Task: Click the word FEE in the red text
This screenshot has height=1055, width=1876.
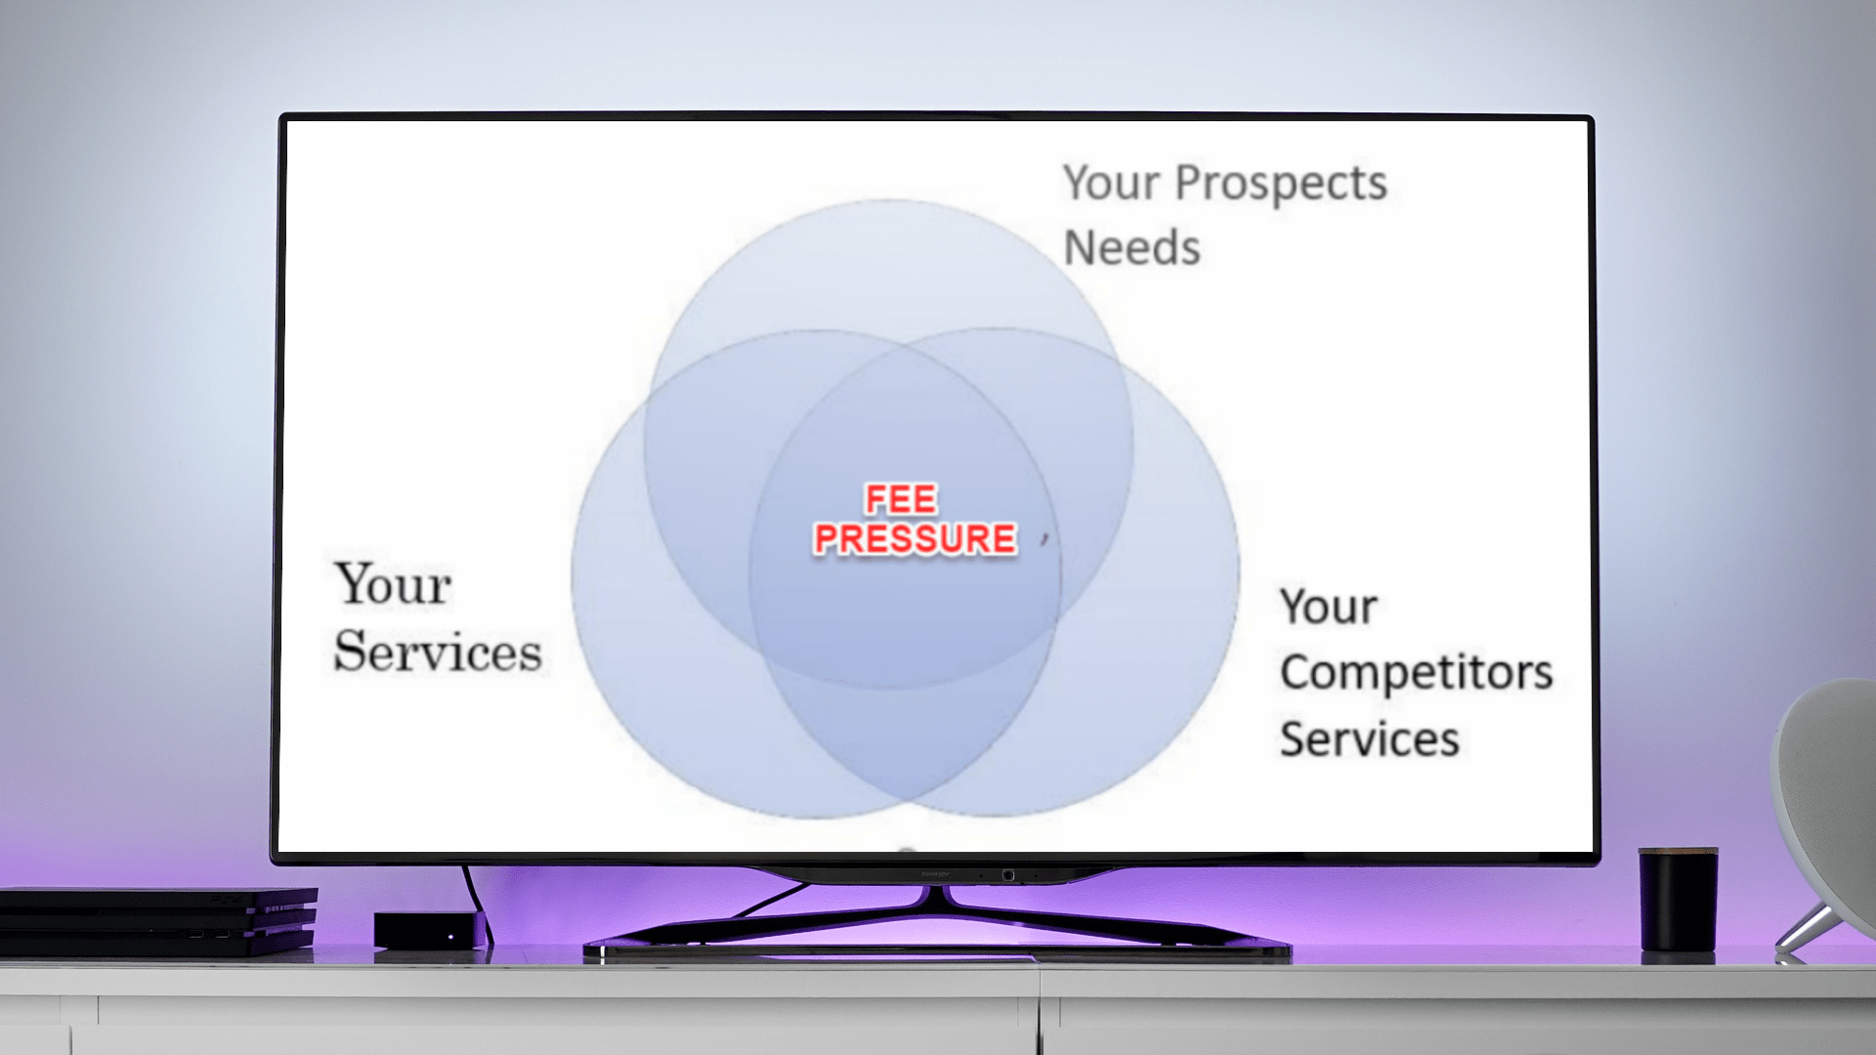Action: (901, 499)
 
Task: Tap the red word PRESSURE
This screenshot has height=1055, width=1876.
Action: (916, 538)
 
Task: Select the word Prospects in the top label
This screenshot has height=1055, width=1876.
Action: (1280, 185)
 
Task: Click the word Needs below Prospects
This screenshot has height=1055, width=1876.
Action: (1131, 247)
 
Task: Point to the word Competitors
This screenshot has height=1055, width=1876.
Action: (1416, 672)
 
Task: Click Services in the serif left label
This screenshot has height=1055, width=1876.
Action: (438, 652)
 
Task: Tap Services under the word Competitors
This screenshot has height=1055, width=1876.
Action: (1370, 738)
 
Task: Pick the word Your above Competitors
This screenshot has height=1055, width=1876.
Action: (1329, 607)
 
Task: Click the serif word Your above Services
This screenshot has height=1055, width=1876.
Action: (393, 583)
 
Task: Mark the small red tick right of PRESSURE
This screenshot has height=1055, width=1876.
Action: (1045, 538)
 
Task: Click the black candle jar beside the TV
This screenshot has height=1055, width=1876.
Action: (1678, 900)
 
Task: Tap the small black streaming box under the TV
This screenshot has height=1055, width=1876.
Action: (431, 931)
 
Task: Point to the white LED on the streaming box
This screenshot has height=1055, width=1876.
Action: (450, 938)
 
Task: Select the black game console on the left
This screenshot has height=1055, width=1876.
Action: (158, 920)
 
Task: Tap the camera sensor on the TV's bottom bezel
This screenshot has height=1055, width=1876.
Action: (1007, 875)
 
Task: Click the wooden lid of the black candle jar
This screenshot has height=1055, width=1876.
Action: (1678, 853)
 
